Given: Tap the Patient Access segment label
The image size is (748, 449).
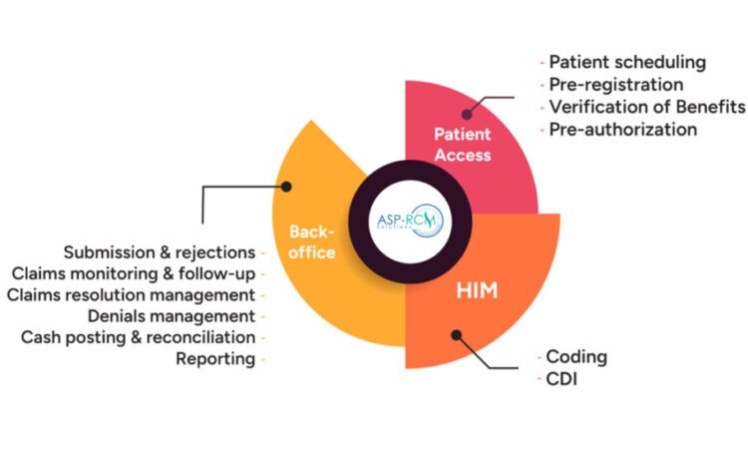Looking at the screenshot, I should tap(462, 144).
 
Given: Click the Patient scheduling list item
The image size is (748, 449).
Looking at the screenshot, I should tap(627, 62).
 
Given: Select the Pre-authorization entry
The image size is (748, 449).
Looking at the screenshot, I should tap(622, 129).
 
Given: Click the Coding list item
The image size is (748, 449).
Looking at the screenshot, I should tap(577, 356).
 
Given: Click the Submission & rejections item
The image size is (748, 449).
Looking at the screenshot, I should tap(160, 251).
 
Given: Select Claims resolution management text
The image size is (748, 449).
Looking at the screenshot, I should tap(131, 294).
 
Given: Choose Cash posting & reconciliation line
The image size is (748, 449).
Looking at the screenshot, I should tap(138, 337).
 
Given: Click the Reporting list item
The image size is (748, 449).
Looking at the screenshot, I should tap(215, 359).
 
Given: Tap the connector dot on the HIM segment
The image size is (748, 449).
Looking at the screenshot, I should tap(457, 334).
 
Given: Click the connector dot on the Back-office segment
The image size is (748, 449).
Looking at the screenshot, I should tap(286, 186).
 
